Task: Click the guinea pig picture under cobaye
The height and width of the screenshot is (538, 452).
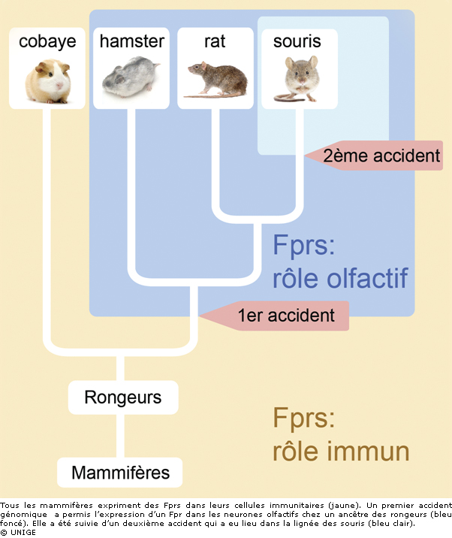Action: (x=47, y=80)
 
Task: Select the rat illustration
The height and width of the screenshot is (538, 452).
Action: (x=216, y=80)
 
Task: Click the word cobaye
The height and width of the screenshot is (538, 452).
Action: (x=47, y=41)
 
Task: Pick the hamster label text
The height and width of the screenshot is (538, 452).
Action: (x=131, y=41)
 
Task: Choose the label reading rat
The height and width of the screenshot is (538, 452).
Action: (x=215, y=41)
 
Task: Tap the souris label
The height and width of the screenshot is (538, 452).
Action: (x=297, y=41)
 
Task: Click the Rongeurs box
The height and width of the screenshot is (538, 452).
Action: (x=122, y=397)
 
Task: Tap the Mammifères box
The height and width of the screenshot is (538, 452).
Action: (x=121, y=473)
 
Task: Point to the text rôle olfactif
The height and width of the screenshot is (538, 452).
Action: (x=340, y=279)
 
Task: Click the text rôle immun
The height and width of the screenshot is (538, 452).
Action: (x=341, y=451)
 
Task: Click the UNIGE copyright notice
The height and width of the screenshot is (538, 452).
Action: (x=18, y=532)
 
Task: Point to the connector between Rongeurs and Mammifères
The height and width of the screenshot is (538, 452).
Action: (x=120, y=436)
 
